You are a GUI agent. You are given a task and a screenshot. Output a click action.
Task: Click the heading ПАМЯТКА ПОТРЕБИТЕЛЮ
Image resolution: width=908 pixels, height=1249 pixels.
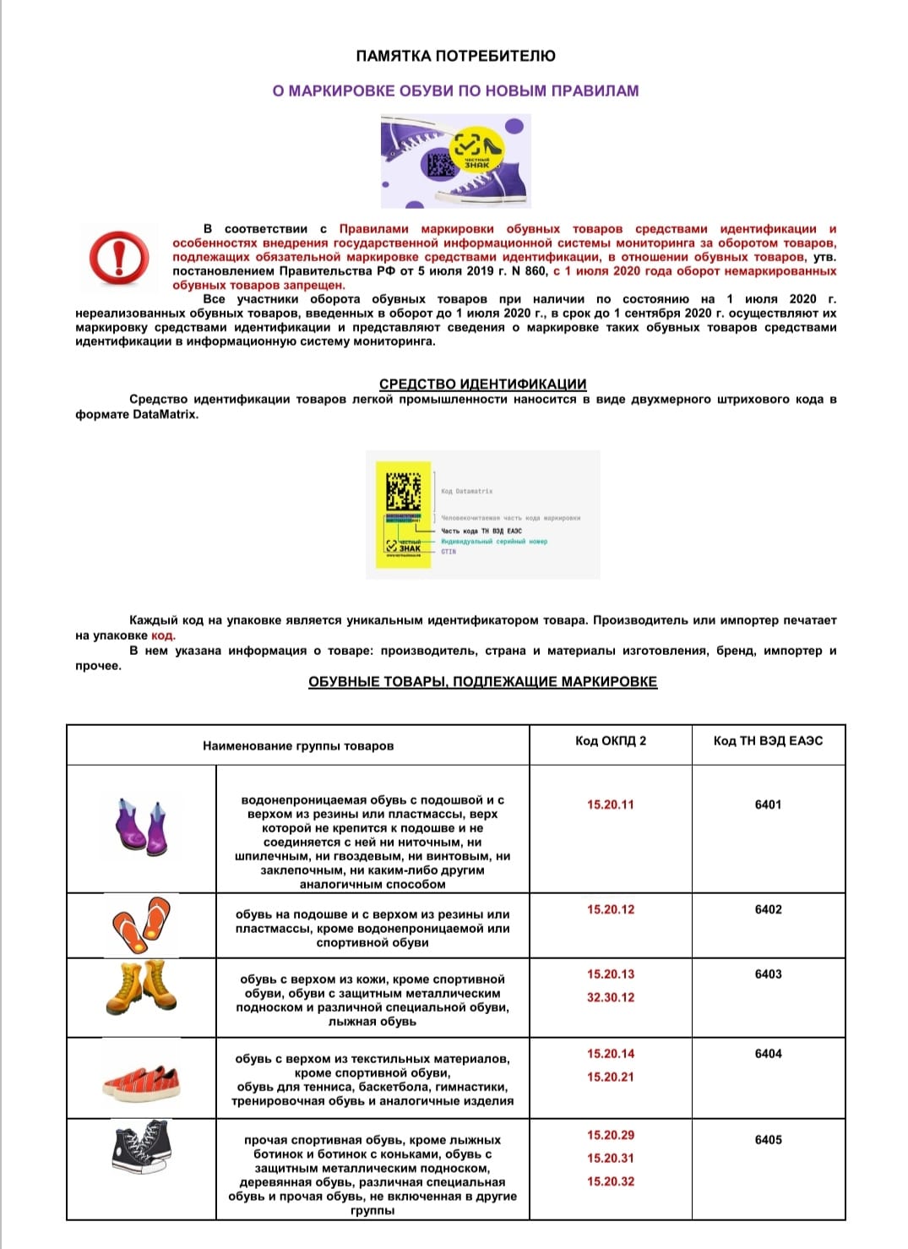pos(455,57)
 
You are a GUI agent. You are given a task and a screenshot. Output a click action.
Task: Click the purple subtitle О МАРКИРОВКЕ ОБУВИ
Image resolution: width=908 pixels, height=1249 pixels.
pos(455,91)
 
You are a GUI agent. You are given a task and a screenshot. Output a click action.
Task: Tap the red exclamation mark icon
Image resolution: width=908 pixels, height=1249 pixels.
pos(119,256)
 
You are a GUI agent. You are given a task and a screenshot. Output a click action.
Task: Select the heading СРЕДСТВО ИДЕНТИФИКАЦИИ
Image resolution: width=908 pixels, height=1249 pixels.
pos(482,384)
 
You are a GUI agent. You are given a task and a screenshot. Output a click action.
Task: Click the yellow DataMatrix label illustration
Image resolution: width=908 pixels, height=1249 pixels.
pos(403,514)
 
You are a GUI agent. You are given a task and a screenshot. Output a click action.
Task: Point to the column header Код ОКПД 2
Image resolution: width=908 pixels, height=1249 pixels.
pos(610,741)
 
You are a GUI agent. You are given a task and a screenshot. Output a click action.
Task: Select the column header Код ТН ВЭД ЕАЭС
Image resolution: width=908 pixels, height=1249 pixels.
pos(768,741)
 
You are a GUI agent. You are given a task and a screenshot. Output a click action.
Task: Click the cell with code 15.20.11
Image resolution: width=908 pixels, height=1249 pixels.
pos(610,804)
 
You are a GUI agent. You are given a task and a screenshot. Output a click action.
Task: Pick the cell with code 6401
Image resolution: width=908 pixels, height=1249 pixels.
pos(768,804)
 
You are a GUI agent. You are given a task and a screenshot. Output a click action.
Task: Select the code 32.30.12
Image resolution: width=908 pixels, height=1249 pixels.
pos(610,998)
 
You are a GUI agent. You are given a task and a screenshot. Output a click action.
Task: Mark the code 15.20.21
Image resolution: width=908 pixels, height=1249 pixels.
pos(610,1077)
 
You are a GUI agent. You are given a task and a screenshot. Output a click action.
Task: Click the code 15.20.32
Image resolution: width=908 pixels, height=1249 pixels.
pos(610,1181)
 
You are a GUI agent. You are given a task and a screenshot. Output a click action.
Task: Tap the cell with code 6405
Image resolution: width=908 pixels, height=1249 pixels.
pos(768,1140)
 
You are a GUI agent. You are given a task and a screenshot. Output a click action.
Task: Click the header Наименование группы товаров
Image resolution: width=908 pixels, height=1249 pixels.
pos(298,746)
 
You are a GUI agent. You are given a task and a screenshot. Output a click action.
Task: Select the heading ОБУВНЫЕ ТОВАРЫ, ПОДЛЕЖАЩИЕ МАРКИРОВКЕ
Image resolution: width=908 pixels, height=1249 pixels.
pos(482,682)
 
